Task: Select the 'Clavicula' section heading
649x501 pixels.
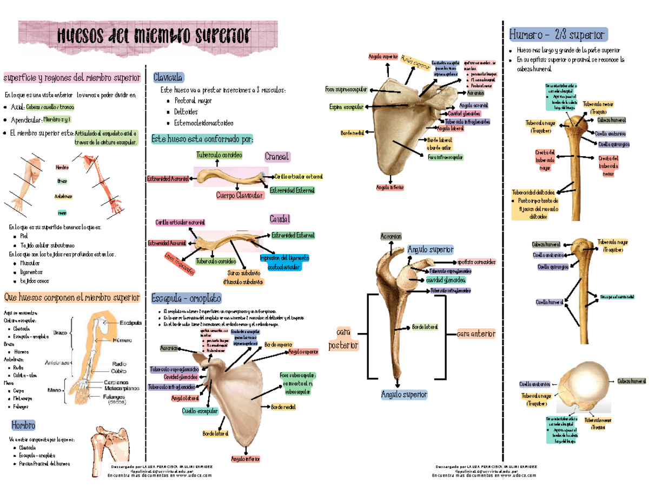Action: click(x=169, y=77)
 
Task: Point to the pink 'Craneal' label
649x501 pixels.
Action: click(x=277, y=157)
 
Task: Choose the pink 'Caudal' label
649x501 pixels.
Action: click(x=280, y=219)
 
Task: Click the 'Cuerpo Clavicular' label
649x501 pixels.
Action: click(x=240, y=195)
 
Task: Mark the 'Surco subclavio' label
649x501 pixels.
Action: click(x=243, y=277)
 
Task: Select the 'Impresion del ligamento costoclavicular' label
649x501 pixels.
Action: click(x=280, y=262)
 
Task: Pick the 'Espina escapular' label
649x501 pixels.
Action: click(x=346, y=107)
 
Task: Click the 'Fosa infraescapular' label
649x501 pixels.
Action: click(x=445, y=157)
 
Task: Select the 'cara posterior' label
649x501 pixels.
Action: click(x=343, y=338)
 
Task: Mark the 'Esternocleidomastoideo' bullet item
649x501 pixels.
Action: click(x=200, y=123)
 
